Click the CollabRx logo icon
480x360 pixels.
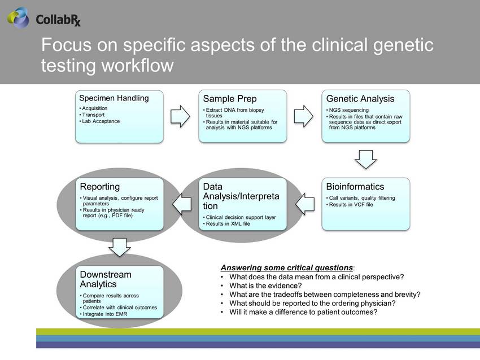coord(19,17)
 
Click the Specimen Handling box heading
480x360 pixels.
coord(114,98)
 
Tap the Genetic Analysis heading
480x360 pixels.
coord(360,99)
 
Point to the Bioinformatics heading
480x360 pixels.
coord(355,187)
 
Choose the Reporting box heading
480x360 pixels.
coord(100,187)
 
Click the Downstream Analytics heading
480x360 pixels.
coord(106,279)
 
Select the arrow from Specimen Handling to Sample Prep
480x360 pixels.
coord(181,116)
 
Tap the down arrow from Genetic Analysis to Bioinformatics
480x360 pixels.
coord(366,159)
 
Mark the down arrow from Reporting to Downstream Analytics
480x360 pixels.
coord(119,247)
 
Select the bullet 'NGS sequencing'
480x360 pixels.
coord(348,110)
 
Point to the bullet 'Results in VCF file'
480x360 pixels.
coord(351,204)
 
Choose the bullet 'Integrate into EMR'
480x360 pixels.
coord(105,314)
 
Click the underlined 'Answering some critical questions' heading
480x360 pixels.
coord(287,267)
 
